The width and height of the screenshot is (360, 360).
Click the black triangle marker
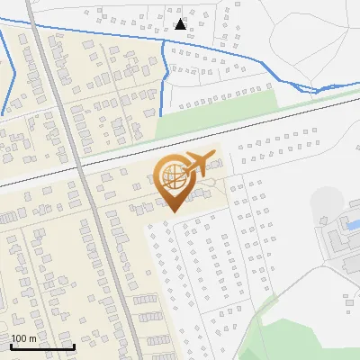pyautogui.click(x=180, y=24)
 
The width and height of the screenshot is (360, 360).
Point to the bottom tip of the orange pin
pyautogui.click(x=172, y=212)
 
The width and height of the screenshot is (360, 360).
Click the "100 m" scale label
pyautogui.click(x=24, y=338)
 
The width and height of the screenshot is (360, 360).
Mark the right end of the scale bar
pyautogui.click(x=74, y=346)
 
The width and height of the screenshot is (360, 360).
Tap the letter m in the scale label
pyautogui.click(x=32, y=338)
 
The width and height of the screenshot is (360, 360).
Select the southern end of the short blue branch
pyautogui.click(x=160, y=113)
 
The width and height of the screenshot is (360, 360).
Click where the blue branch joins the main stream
pyautogui.click(x=165, y=41)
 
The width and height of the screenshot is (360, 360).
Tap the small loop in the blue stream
pyautogui.click(x=310, y=88)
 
